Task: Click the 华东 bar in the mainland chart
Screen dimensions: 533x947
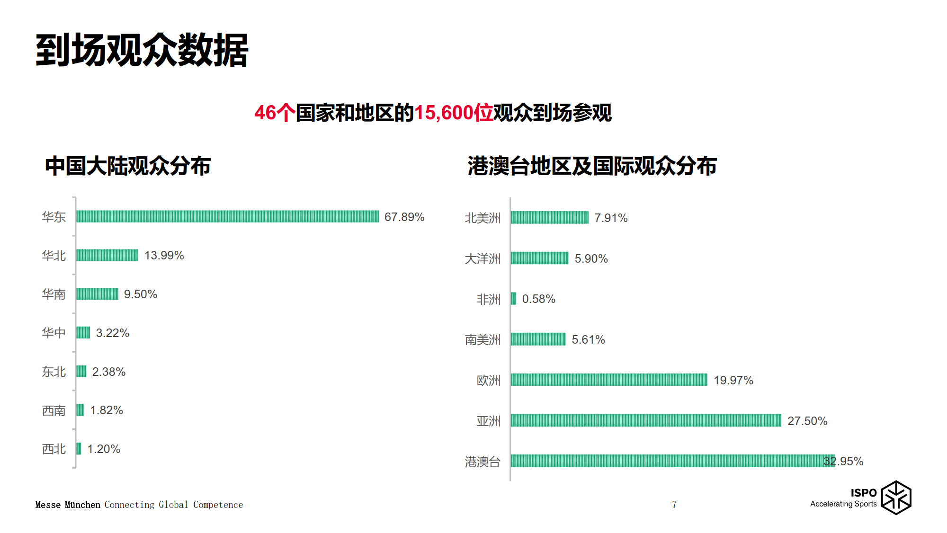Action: [227, 216]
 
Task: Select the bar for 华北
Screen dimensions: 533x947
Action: [107, 255]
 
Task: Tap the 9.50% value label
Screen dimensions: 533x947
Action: [140, 294]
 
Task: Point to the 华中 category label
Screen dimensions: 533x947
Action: [54, 333]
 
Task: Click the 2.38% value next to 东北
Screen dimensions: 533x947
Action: [108, 372]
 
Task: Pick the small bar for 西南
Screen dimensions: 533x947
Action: [80, 410]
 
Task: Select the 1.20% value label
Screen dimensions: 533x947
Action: [104, 449]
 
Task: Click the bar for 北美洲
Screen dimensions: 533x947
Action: [549, 217]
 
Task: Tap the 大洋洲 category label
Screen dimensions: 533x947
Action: [482, 258]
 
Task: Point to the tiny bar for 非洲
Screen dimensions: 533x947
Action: [514, 299]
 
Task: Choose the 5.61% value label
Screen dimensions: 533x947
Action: [588, 339]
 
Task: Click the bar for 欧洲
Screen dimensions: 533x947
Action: [609, 380]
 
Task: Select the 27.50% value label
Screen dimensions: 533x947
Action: [807, 421]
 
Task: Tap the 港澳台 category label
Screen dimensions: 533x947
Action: [482, 462]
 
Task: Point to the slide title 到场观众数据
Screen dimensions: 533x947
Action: [142, 50]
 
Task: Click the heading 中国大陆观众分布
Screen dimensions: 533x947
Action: [128, 166]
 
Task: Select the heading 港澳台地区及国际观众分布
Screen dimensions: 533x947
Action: [592, 166]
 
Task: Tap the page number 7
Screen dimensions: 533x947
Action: [674, 505]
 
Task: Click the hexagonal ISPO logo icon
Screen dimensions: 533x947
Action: [896, 497]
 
